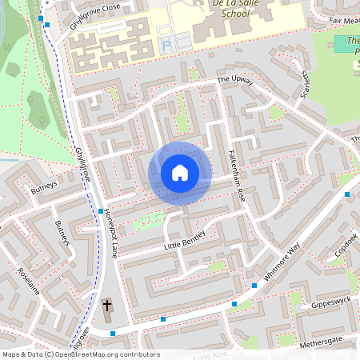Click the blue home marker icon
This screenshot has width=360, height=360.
point(179,173)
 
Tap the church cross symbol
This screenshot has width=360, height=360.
point(107,306)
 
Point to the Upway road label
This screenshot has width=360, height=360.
point(235,81)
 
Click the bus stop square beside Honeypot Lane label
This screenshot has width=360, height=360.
point(101,210)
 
